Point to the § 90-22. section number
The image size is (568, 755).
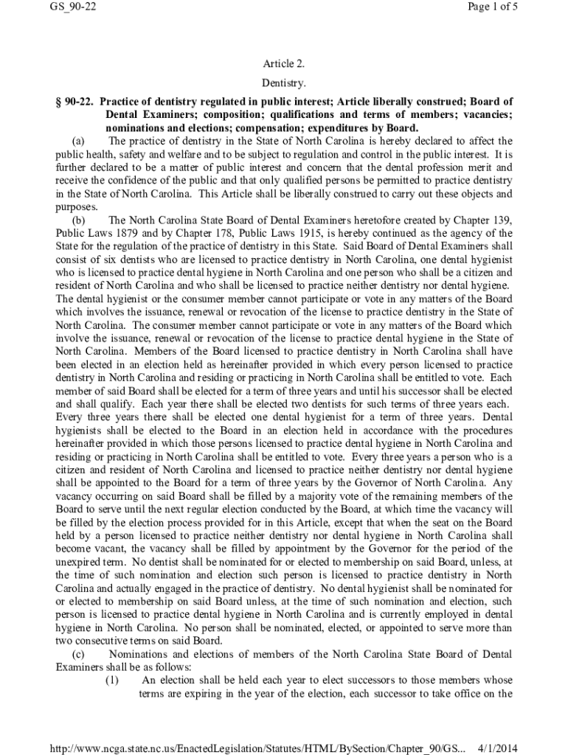point(75,102)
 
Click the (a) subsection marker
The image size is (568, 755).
point(78,141)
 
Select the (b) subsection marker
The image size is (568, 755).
point(78,220)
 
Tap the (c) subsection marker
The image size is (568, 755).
point(78,654)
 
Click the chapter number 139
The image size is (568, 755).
point(498,220)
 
